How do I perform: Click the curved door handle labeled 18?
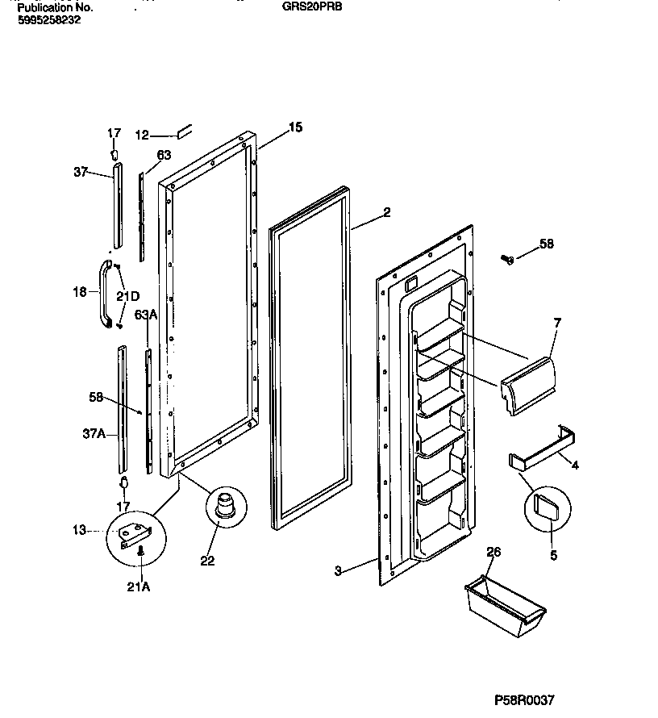(x=104, y=294)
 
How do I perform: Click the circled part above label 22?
(x=223, y=506)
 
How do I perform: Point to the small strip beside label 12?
(x=183, y=130)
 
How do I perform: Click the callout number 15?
(x=295, y=127)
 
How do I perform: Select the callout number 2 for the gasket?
(x=386, y=213)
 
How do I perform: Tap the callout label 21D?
(x=127, y=296)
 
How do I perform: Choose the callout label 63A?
(x=145, y=314)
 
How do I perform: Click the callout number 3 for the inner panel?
(x=338, y=571)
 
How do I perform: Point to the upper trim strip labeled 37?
(x=118, y=205)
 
